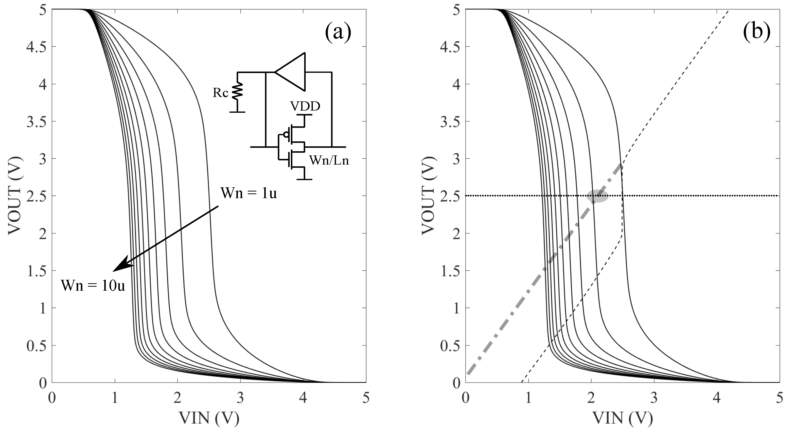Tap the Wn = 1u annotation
pos(248,193)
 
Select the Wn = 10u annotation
pos(93,286)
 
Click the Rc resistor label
pos(220,93)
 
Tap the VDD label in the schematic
pos(305,107)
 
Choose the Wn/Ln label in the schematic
pos(329,161)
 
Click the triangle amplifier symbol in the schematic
pos(292,72)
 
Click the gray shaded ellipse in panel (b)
pos(597,196)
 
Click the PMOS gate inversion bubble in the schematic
pos(286,135)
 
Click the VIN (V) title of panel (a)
pos(209,418)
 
